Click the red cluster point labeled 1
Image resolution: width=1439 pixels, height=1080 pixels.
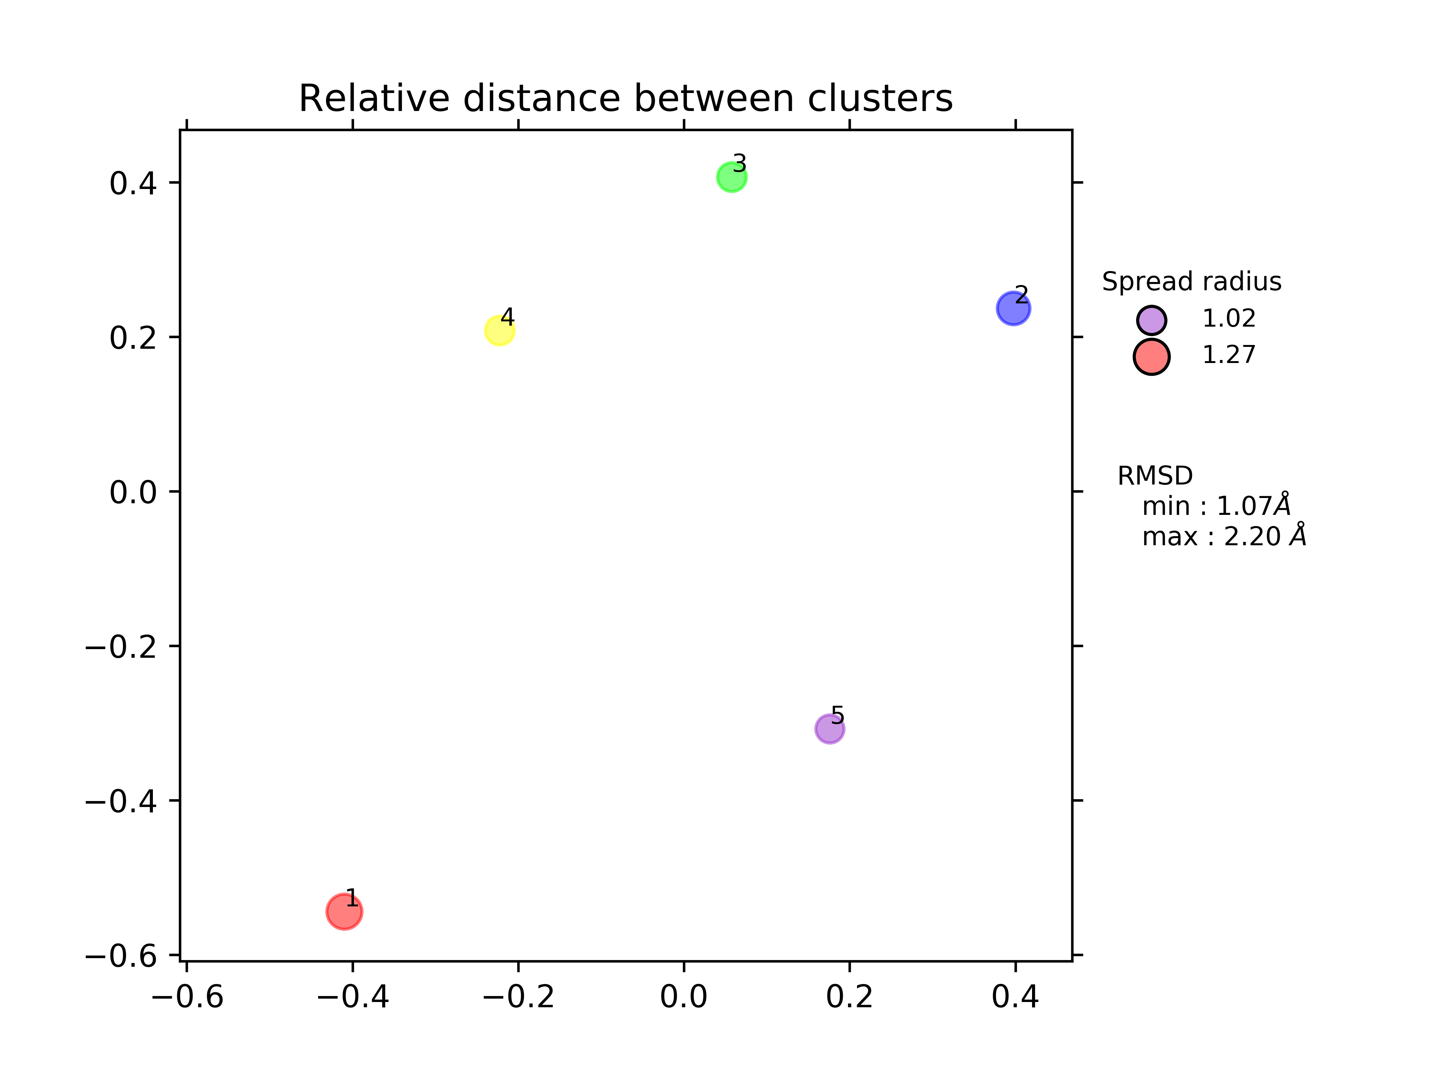[x=344, y=911]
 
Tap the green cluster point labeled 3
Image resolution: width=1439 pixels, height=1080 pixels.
[x=731, y=177]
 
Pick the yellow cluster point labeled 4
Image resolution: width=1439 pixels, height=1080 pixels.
[x=500, y=331]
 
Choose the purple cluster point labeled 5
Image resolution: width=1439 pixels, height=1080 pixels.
[x=829, y=729]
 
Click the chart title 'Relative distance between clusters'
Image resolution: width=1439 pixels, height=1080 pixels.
[x=625, y=99]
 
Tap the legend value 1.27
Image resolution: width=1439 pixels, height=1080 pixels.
[x=1228, y=355]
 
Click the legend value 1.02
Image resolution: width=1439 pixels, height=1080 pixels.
[x=1228, y=318]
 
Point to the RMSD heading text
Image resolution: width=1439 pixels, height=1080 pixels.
[x=1155, y=476]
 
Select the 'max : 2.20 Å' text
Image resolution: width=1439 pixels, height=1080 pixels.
[x=1224, y=536]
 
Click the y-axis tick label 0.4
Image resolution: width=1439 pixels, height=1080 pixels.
[x=133, y=184]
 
